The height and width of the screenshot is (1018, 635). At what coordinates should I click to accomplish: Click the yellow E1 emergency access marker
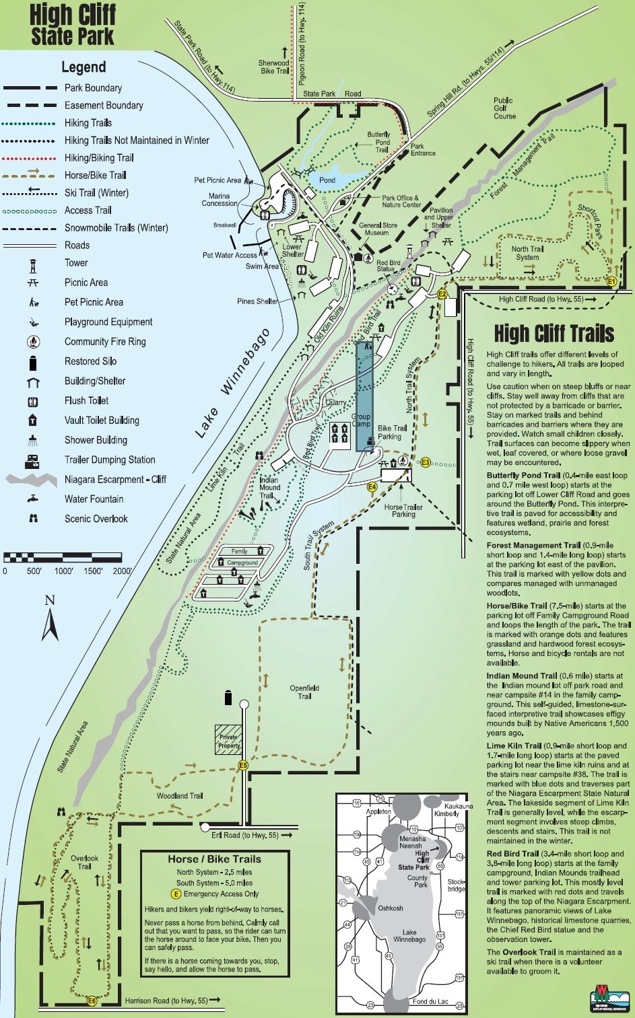pyautogui.click(x=611, y=281)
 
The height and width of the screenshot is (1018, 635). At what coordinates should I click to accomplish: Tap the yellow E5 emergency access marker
pyautogui.click(x=243, y=765)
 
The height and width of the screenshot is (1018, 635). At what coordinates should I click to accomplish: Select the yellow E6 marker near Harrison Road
pyautogui.click(x=92, y=1001)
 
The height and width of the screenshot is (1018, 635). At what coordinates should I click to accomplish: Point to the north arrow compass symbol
pyautogui.click(x=50, y=619)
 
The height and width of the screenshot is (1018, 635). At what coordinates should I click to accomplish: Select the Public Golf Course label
pyautogui.click(x=504, y=108)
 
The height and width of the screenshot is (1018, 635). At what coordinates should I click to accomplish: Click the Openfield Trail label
pyautogui.click(x=304, y=692)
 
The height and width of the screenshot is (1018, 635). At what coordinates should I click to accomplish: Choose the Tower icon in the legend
pyautogui.click(x=33, y=264)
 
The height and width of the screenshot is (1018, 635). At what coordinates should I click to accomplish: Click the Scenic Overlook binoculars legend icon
pyautogui.click(x=33, y=519)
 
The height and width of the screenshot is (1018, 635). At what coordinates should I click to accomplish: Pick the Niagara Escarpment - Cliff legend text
pyautogui.click(x=116, y=480)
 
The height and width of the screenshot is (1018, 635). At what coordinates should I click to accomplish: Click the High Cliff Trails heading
pyautogui.click(x=554, y=333)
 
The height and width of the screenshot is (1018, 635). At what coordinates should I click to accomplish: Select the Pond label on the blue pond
pyautogui.click(x=327, y=180)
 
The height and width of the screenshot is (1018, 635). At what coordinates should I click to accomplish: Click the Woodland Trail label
pyautogui.click(x=179, y=796)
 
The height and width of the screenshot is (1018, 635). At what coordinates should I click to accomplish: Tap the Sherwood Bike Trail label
pyautogui.click(x=274, y=67)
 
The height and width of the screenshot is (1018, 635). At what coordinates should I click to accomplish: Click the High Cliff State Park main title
pyautogui.click(x=73, y=25)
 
